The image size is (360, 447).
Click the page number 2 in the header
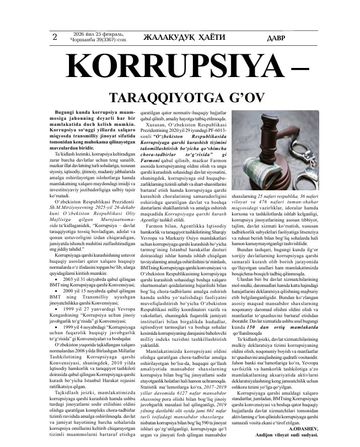54,36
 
